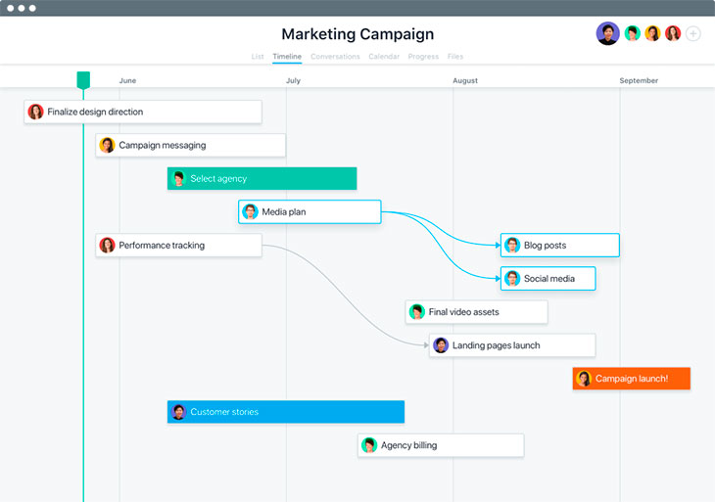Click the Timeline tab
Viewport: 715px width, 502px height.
(287, 57)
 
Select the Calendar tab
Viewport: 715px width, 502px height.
(384, 57)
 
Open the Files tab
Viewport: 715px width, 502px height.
(455, 57)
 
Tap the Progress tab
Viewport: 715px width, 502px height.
(423, 57)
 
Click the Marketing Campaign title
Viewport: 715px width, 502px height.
(357, 34)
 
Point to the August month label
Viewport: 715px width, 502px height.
(465, 80)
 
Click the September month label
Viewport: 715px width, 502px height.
(639, 80)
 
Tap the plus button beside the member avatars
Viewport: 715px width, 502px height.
(693, 33)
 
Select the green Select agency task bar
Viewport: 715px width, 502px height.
(262, 178)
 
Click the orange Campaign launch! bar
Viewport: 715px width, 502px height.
(632, 379)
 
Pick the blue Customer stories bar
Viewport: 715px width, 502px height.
(286, 412)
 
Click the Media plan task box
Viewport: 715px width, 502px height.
(310, 211)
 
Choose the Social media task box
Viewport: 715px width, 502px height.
(548, 278)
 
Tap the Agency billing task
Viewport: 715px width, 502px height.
(441, 445)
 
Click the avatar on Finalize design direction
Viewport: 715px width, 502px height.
(35, 112)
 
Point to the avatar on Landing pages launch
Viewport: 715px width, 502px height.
(441, 345)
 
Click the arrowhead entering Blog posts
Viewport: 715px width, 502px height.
(498, 245)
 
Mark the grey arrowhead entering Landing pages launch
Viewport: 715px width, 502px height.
(426, 345)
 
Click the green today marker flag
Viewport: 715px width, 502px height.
(83, 80)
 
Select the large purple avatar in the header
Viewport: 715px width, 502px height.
(608, 33)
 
